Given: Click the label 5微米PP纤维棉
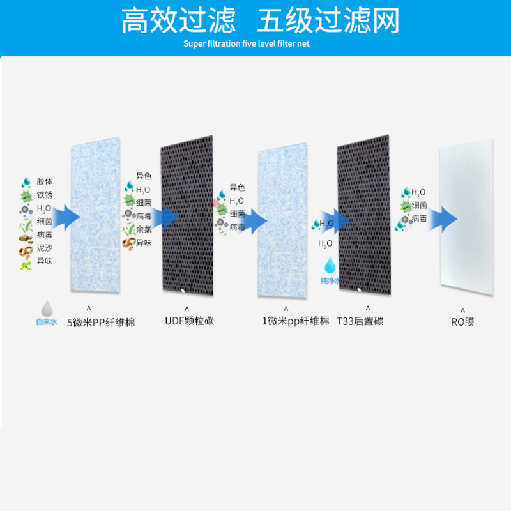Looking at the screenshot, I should pyautogui.click(x=101, y=322).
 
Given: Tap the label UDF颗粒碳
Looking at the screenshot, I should pyautogui.click(x=189, y=321).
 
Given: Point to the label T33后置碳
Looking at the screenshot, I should pyautogui.click(x=360, y=321).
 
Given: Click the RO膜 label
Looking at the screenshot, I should pyautogui.click(x=462, y=322).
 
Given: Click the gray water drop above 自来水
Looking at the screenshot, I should pyautogui.click(x=47, y=308).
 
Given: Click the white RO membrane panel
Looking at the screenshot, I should pyautogui.click(x=466, y=220).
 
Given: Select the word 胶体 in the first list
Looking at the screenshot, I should pyautogui.click(x=45, y=181).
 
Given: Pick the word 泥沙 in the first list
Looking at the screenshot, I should pyautogui.click(x=45, y=248).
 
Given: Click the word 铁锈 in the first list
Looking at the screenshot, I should pyautogui.click(x=45, y=195).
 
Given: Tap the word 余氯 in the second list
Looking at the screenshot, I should pyautogui.click(x=144, y=229).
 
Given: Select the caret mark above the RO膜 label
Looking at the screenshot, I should pyautogui.click(x=462, y=309).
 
